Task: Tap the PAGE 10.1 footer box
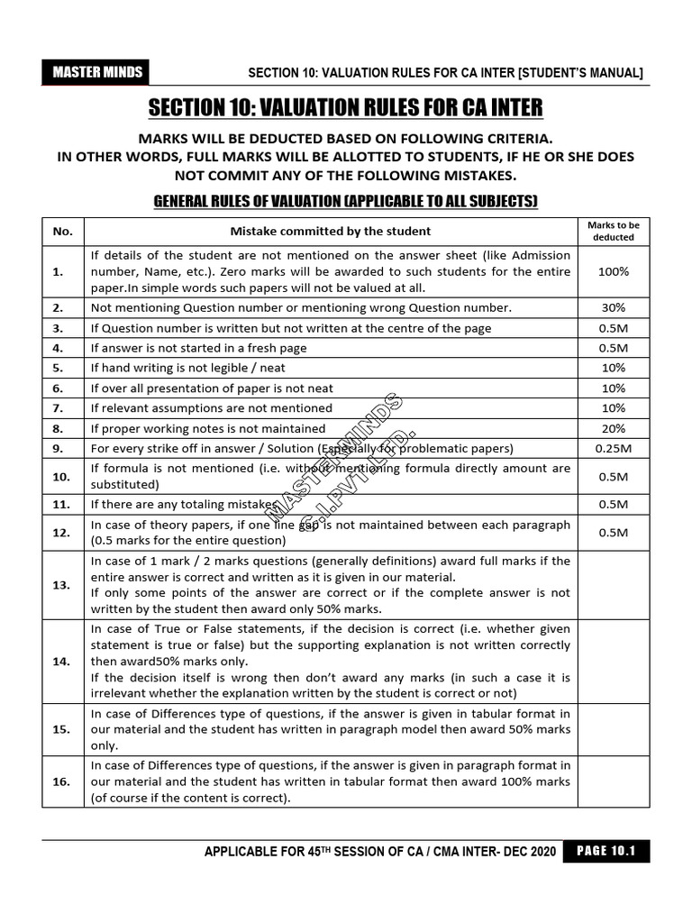click(605, 852)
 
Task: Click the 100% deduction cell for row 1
click(613, 271)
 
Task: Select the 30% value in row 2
click(613, 307)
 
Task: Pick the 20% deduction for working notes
click(613, 428)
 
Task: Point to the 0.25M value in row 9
click(613, 448)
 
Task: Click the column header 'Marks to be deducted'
click(613, 231)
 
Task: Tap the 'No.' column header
click(63, 231)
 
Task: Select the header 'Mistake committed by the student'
click(330, 231)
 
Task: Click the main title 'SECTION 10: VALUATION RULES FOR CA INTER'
click(345, 108)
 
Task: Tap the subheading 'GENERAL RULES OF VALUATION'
click(345, 200)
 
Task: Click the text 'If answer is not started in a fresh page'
click(198, 348)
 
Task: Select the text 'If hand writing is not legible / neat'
click(187, 368)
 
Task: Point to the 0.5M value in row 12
click(613, 533)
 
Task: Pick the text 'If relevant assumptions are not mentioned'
click(211, 408)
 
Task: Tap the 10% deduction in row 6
click(613, 388)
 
